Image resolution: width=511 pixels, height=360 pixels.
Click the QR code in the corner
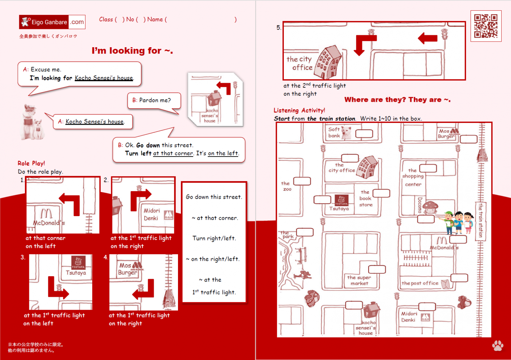coord(486,26)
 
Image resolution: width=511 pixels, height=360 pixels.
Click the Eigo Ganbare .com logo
coord(52,22)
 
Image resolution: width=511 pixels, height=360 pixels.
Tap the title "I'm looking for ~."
coord(132,51)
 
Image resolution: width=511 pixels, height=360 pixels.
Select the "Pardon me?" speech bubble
coord(154,100)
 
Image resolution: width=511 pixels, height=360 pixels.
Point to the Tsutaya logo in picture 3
coord(78,262)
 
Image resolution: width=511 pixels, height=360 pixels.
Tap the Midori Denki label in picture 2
coord(152,214)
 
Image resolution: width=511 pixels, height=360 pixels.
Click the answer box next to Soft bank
coord(364,134)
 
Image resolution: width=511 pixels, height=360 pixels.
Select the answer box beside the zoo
coord(302,181)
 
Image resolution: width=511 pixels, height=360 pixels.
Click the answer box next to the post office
coord(459,278)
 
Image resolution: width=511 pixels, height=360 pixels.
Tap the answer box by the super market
coord(377,269)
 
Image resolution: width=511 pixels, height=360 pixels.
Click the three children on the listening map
coord(458,222)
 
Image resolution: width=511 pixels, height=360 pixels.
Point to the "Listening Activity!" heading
coord(299,110)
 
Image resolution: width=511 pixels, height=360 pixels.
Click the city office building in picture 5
coord(328,62)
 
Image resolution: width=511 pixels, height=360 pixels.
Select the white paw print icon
coord(498,346)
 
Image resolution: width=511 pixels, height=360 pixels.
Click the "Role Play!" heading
coord(31,163)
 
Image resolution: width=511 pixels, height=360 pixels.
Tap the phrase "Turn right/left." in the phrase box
coord(214,238)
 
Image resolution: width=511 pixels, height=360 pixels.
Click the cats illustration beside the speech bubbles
coord(32,122)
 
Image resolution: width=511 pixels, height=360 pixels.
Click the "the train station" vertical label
coord(480,220)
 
